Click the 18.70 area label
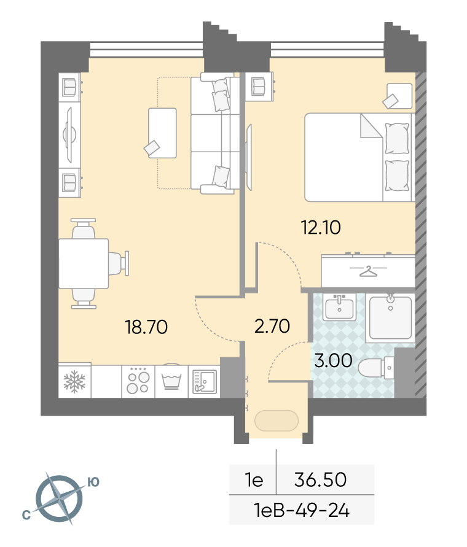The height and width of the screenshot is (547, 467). click(x=146, y=327)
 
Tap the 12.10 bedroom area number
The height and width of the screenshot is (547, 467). click(x=321, y=227)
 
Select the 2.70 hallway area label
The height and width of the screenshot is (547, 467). click(x=272, y=326)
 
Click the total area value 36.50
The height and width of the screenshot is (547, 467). click(x=320, y=479)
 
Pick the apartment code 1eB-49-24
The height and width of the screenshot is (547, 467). click(x=302, y=511)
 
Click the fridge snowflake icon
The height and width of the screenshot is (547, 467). click(x=74, y=382)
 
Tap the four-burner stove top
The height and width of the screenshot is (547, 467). click(x=138, y=381)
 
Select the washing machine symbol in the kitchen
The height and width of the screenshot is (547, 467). click(x=171, y=381)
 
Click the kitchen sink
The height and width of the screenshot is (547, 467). click(x=205, y=382)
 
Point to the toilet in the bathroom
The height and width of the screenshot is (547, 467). click(x=376, y=368)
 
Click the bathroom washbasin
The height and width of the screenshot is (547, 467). click(x=340, y=307)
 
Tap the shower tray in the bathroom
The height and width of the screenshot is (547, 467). click(x=390, y=318)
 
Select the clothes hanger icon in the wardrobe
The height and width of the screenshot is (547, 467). click(x=368, y=271)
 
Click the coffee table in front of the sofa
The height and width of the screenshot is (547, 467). click(x=162, y=133)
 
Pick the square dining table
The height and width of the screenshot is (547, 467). click(x=84, y=264)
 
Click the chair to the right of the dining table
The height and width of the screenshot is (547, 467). click(x=119, y=264)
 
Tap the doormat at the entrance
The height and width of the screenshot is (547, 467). click(x=277, y=421)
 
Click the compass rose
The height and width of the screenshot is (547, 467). click(x=60, y=498)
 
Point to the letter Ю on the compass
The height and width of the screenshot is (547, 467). click(x=93, y=482)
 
